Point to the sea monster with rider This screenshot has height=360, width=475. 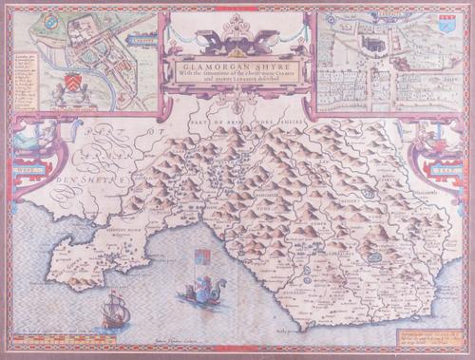[201, 301]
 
